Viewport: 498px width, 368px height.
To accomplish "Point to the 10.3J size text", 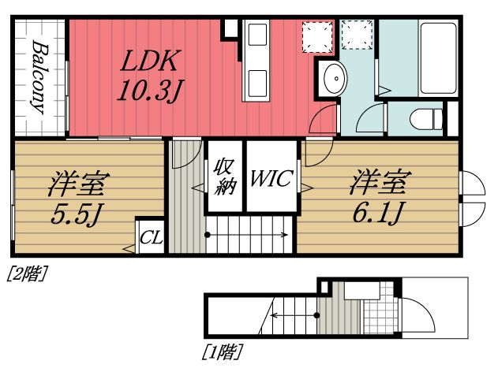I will [x=151, y=91].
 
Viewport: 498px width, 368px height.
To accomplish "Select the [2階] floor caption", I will [x=27, y=274].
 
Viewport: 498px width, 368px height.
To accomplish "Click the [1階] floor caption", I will [x=223, y=349].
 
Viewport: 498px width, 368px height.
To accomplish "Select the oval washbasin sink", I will [x=335, y=79].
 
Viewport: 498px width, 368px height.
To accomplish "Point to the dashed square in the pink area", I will [x=318, y=35].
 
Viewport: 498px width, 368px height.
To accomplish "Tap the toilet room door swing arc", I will [x=368, y=121].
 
